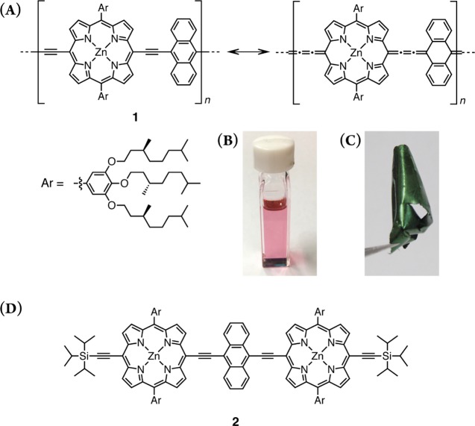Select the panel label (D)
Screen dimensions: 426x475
(x=13, y=307)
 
